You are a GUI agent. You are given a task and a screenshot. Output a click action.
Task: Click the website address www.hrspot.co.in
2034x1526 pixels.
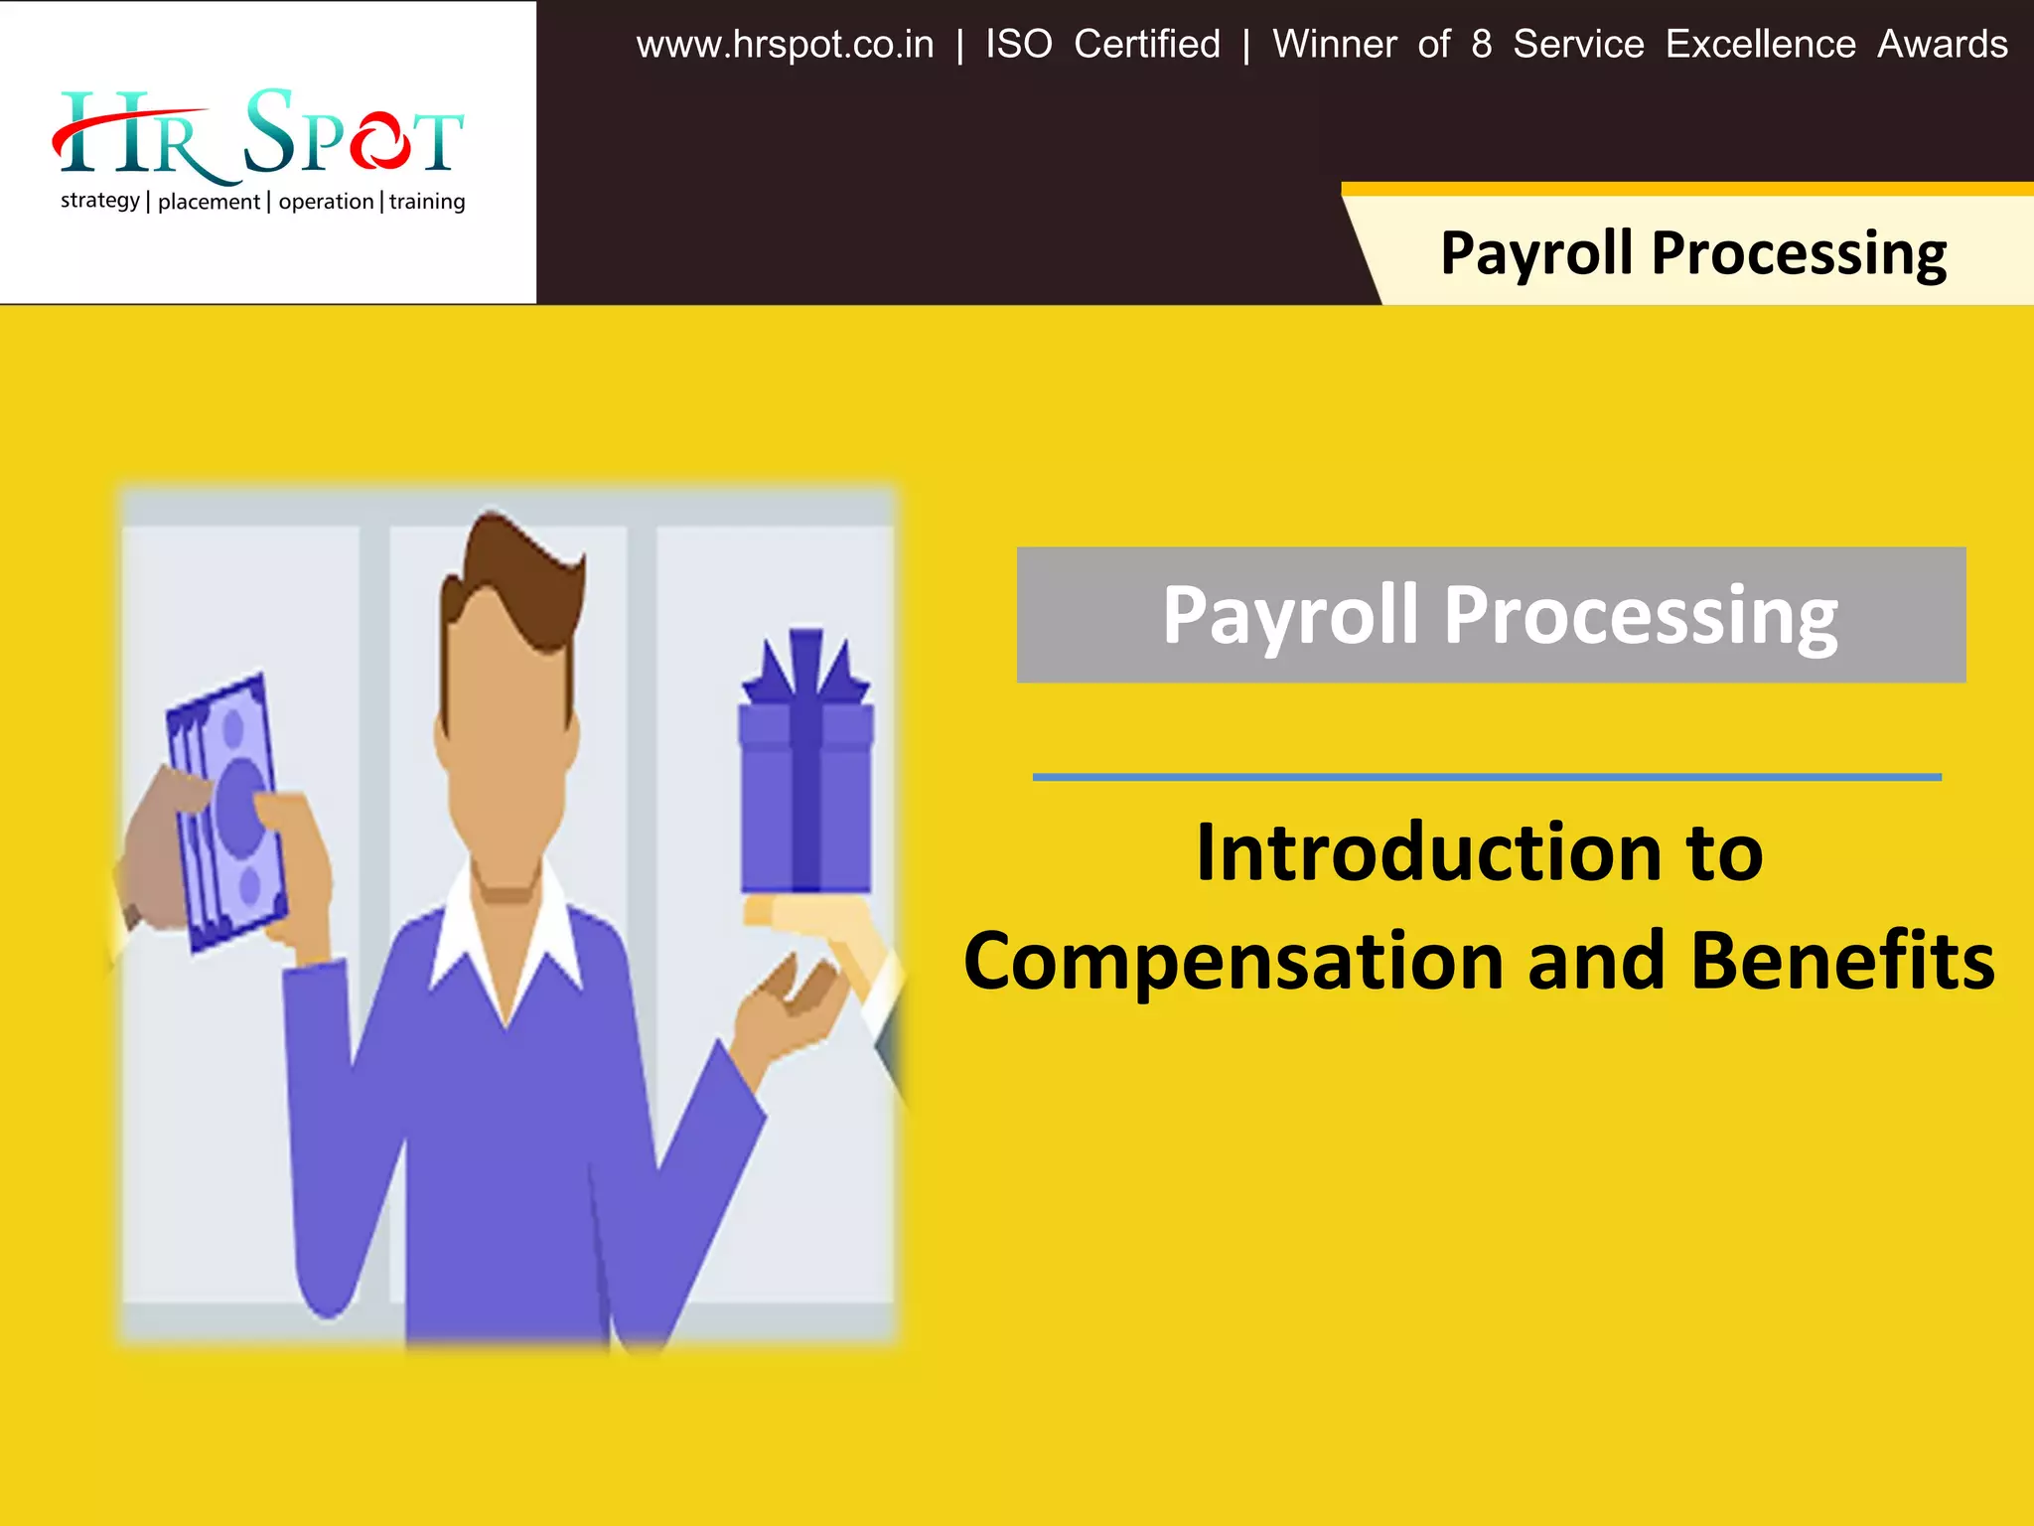[x=785, y=45]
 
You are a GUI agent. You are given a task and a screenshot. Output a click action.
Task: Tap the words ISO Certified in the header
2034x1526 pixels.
[x=1102, y=45]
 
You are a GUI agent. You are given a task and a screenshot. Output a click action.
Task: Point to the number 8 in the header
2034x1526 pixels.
[x=1481, y=45]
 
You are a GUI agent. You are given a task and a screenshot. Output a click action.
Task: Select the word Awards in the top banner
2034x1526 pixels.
[x=1942, y=45]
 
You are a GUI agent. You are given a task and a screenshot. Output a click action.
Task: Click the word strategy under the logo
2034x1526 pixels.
[x=99, y=201]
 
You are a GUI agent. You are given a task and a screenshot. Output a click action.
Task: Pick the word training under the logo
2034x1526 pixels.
[x=427, y=202]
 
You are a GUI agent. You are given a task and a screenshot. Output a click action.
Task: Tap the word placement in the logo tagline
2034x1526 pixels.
[x=209, y=202]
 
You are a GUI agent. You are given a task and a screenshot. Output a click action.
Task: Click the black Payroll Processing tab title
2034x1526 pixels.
[x=1693, y=253]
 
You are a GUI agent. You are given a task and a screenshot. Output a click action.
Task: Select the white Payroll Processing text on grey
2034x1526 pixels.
[x=1500, y=616]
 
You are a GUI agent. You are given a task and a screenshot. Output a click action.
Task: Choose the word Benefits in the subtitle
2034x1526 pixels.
[x=1842, y=962]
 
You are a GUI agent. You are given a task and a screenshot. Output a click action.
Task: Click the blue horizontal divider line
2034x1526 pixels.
[x=1487, y=777]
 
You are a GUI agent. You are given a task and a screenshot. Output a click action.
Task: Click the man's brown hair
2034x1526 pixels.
[x=516, y=576]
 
